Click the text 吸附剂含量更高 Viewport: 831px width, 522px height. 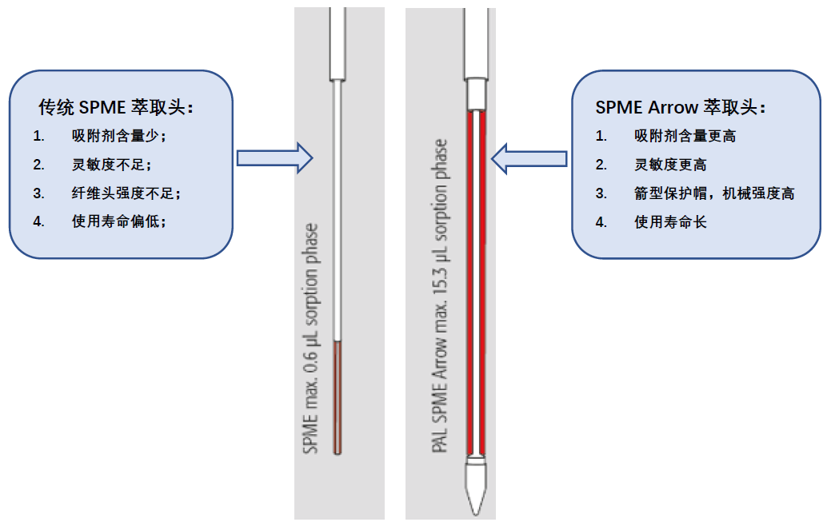click(685, 136)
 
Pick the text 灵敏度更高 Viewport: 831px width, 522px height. click(670, 165)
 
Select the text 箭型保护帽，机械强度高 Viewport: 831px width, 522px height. click(713, 193)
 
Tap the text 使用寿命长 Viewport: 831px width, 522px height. click(670, 222)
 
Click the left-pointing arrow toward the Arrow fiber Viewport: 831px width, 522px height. click(529, 157)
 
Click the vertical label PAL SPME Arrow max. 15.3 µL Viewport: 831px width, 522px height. click(440, 296)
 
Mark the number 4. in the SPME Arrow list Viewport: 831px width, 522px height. click(601, 222)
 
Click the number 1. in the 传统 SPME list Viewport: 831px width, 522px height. click(38, 136)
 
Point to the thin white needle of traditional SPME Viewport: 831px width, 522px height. click(338, 208)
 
